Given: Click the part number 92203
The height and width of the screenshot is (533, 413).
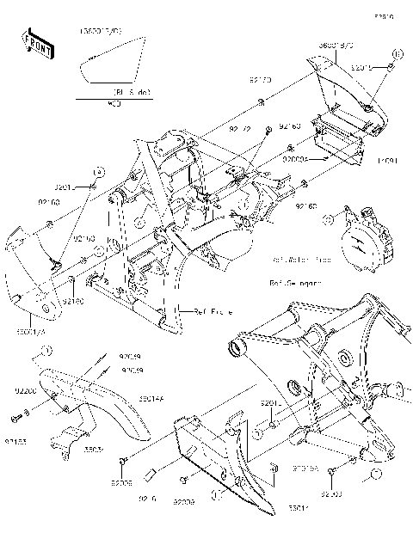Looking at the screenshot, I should pos(331,494).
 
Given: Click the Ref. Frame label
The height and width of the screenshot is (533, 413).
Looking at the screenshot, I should pos(212,312).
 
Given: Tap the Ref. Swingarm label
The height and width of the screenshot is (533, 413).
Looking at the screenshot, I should pos(296,281).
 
